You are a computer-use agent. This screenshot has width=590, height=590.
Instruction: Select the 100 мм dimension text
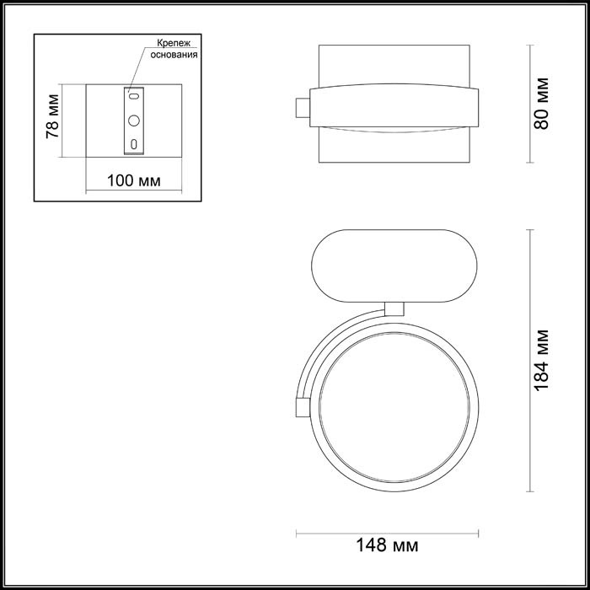point(135,181)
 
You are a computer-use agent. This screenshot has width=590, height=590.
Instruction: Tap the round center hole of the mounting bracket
point(133,121)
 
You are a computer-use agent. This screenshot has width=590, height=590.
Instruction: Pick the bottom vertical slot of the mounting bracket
point(133,143)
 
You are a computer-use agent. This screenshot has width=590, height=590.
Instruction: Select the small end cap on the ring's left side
point(299,406)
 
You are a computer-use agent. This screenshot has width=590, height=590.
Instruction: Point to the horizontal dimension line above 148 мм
point(389,533)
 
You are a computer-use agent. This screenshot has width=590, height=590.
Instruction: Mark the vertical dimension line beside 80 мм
point(528,103)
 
